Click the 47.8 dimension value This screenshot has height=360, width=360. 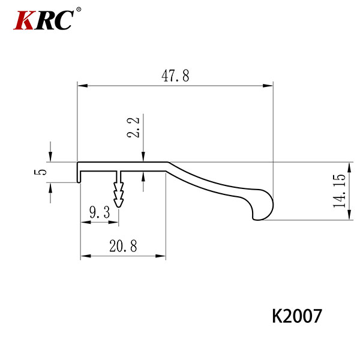point(175,76)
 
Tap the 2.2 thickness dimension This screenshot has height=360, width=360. point(133,127)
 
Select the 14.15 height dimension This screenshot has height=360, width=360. point(340,191)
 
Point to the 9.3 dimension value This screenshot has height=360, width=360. point(100,212)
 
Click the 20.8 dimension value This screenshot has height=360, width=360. point(123,245)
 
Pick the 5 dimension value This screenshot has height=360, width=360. point(40,172)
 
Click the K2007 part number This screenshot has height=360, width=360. point(297,316)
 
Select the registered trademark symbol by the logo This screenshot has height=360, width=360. point(79,10)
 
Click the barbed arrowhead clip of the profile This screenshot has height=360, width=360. point(118,194)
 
